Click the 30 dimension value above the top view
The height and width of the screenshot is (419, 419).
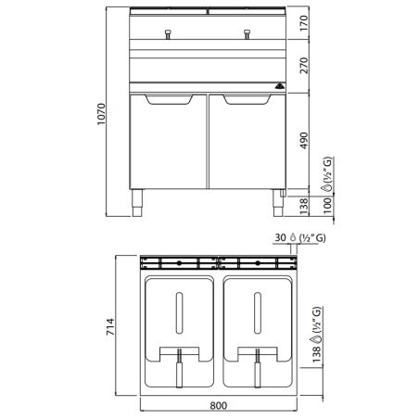[x=281, y=238]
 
